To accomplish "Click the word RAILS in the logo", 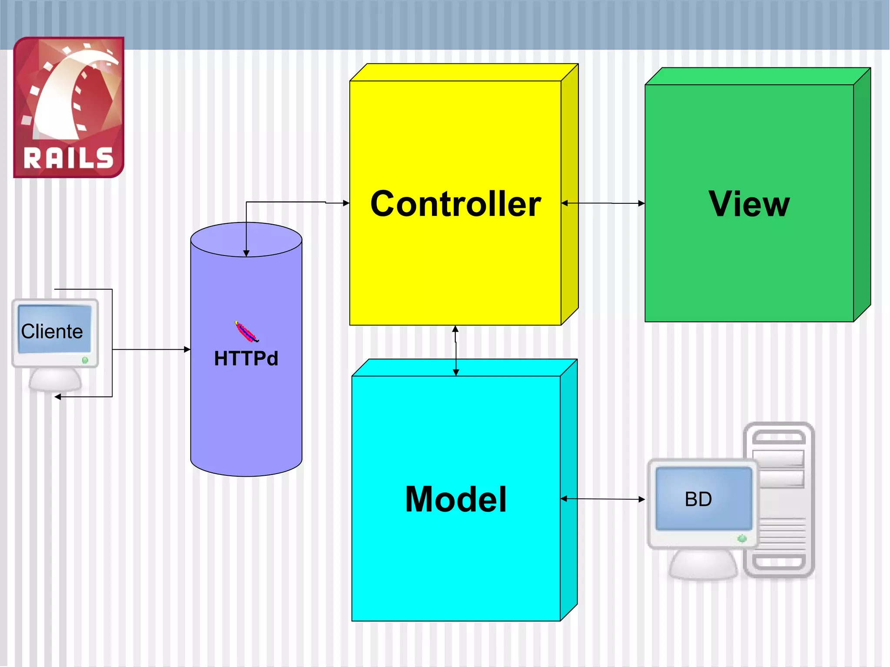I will pyautogui.click(x=69, y=158).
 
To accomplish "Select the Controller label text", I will pyautogui.click(x=455, y=204).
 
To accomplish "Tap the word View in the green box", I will pyautogui.click(x=749, y=204).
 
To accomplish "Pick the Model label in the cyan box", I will pyautogui.click(x=455, y=499).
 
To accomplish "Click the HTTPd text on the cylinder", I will pyautogui.click(x=246, y=358).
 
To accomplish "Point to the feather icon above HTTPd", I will pyautogui.click(x=246, y=332).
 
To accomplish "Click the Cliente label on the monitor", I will pyautogui.click(x=52, y=332).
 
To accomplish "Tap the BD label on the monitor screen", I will pyautogui.click(x=698, y=499).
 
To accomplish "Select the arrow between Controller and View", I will pyautogui.click(x=603, y=203).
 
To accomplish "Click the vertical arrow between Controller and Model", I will pyautogui.click(x=455, y=350).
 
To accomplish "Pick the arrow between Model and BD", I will pyautogui.click(x=603, y=499).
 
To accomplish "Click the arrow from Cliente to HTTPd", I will pyautogui.click(x=150, y=349).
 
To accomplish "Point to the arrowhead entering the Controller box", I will pyautogui.click(x=346, y=203).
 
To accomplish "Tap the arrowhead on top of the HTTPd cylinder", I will pyautogui.click(x=246, y=253).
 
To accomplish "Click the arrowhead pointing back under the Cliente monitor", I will pyautogui.click(x=58, y=397).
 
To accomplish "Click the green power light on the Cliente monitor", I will pyautogui.click(x=85, y=360).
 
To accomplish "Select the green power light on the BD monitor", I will pyautogui.click(x=742, y=539).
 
